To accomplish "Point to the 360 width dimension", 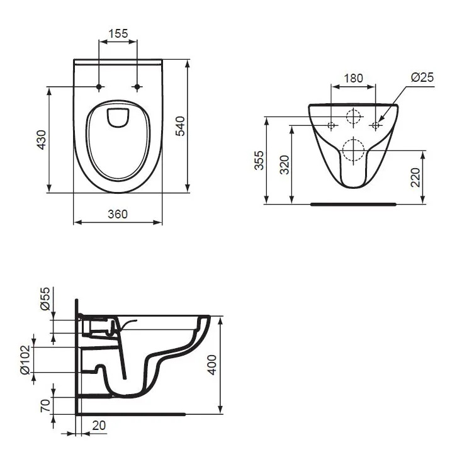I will point(118,214).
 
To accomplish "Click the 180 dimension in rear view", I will point(354,78).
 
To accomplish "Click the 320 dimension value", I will point(284,165).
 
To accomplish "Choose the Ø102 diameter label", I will point(25,359).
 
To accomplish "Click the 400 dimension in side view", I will point(212,364).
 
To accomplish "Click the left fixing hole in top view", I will point(99,86).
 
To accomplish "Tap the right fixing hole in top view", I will point(137,86).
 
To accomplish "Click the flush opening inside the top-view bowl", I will point(118,117).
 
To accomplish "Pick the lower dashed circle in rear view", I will point(354,149).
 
